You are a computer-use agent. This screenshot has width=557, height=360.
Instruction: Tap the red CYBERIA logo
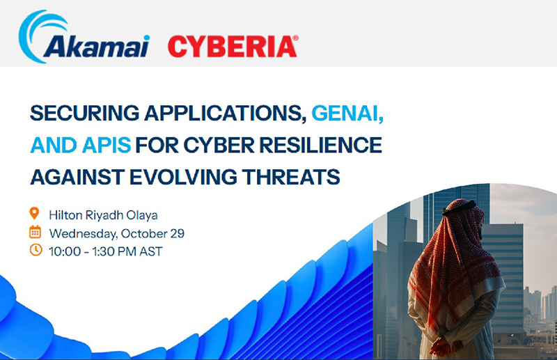231,47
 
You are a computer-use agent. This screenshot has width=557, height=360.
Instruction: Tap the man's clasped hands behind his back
441,343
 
